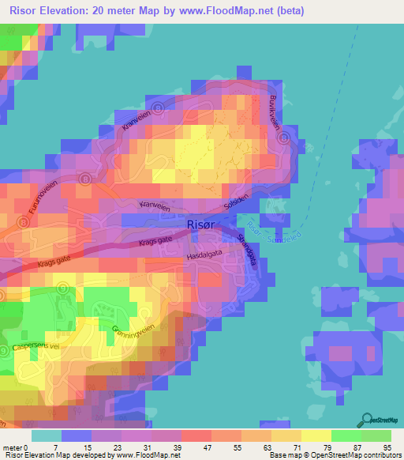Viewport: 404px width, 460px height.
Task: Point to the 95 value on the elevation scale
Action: point(387,447)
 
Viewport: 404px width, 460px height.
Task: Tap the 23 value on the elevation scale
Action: point(118,447)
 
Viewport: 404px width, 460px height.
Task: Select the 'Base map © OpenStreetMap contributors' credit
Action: point(334,456)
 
